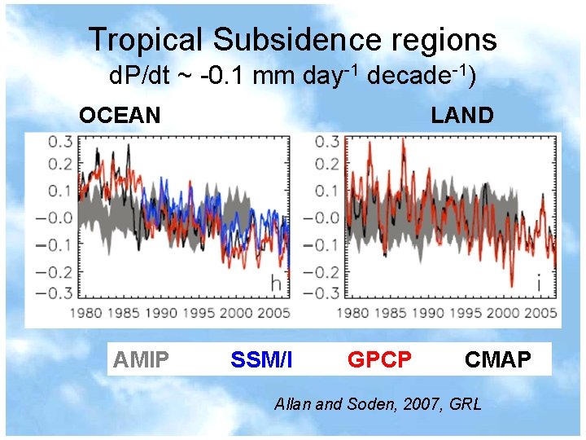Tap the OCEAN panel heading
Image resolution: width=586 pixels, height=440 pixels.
coord(120,116)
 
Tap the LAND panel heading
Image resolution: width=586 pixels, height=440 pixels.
coord(462,116)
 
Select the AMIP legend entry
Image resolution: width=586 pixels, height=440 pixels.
coord(142,359)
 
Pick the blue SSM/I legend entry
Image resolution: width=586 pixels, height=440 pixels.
coord(261,359)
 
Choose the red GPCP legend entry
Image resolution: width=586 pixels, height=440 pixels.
coord(379,359)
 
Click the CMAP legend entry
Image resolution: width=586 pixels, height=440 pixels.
coord(498,359)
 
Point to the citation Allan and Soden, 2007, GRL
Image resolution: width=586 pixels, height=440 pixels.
coord(378,403)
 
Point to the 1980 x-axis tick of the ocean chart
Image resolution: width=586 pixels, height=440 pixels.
coord(85,313)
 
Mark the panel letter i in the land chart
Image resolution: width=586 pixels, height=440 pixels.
coord(538,284)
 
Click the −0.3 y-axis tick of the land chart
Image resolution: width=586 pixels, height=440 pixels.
coord(321,293)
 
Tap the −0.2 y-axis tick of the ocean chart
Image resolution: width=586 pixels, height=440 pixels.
coord(57,272)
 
